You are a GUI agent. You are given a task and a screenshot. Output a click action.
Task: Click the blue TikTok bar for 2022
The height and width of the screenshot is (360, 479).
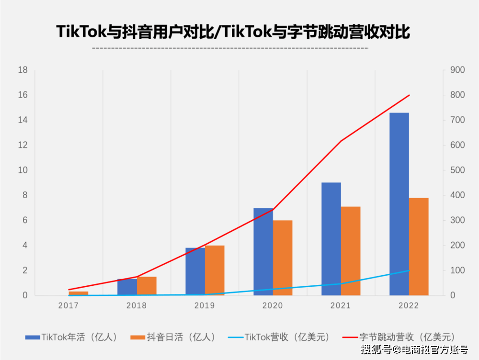coord(399,204)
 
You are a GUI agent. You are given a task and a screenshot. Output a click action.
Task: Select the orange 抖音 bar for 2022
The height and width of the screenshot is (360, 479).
coord(419,247)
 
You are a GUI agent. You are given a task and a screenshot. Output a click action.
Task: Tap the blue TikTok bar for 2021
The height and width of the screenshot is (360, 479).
coord(331,239)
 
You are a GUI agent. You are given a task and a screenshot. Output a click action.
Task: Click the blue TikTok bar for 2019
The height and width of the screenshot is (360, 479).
coord(195,271)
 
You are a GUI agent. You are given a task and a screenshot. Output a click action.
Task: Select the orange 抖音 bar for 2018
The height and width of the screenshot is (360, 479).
coord(147,286)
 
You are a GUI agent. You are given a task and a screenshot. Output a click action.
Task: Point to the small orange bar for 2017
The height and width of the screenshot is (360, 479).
coord(79,293)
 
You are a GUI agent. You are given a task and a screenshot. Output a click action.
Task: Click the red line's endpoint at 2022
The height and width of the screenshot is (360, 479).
coord(409,95)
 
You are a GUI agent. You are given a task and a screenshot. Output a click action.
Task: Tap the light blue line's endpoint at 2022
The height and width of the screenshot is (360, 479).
coord(409,270)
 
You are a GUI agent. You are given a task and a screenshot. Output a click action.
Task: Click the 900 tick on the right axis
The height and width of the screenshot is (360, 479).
coord(457,70)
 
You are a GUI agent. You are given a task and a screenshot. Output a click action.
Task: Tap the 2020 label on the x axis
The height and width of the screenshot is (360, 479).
coord(273,305)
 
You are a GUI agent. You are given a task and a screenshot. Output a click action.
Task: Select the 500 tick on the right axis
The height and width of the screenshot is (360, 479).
coord(457,170)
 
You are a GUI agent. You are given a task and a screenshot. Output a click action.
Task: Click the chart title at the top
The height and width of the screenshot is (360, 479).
coord(233,32)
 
